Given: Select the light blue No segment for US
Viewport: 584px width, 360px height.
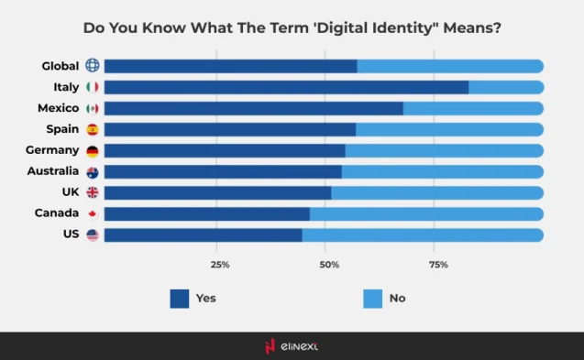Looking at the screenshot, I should point(423,235).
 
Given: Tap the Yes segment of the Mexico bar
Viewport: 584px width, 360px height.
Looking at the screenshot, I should point(253,108).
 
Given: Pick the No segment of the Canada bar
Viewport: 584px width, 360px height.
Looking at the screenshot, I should point(426,214).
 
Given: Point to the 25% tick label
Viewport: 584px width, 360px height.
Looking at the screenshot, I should point(220,265).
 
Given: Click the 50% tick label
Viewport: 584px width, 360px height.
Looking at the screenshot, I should point(329,265).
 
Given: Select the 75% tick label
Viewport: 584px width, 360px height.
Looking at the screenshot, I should point(438,265).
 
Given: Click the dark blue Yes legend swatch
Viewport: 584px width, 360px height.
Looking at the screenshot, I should point(180,298).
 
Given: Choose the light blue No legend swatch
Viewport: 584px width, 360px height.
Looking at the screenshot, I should point(372,298).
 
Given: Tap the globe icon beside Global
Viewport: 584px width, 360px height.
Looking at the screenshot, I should point(92,66).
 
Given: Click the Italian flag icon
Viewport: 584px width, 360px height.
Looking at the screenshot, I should point(92,87).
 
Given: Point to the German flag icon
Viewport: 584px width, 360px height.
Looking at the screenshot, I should point(92,151).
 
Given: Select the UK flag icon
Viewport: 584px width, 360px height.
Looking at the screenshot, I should point(92,193).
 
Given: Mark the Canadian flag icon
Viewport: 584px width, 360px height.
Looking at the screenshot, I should point(92,214).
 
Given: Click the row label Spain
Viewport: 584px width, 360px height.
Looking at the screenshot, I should point(62,129).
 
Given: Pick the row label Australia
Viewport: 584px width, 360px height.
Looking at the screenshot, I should point(53,171).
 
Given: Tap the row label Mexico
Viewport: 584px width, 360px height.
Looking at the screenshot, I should point(59,108).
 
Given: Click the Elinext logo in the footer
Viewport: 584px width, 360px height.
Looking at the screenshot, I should point(292,346).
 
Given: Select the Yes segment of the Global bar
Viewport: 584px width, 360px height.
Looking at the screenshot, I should point(230,66).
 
